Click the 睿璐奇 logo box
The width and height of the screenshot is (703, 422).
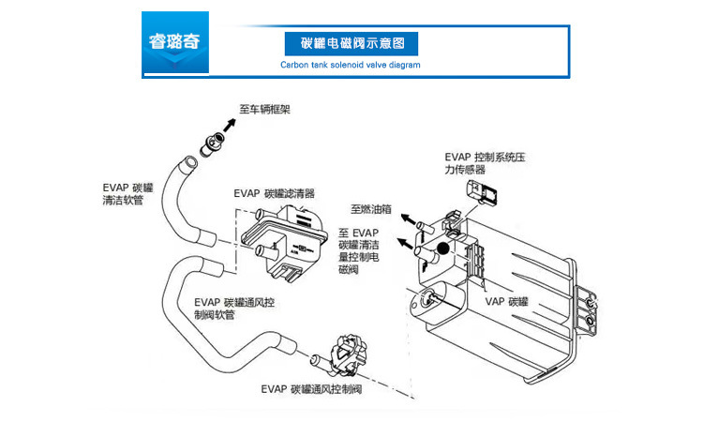(175, 43)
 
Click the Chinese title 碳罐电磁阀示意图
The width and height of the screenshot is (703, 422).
(351, 43)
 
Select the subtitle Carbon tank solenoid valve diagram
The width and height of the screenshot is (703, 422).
(351, 66)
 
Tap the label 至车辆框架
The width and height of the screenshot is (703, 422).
(264, 110)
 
